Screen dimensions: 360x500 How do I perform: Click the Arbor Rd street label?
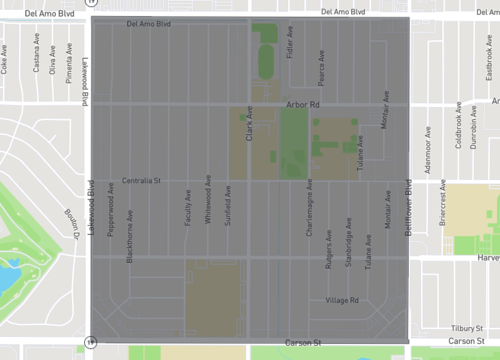pos(301,104)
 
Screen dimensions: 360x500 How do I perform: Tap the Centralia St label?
pos(141,181)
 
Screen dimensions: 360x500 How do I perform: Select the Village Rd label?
pos(342,300)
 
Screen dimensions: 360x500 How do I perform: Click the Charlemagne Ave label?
pos(309,208)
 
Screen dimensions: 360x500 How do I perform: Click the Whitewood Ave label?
pos(208,204)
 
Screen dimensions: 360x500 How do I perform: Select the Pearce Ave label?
pos(321,68)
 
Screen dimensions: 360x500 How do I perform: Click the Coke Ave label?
pos(6,63)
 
